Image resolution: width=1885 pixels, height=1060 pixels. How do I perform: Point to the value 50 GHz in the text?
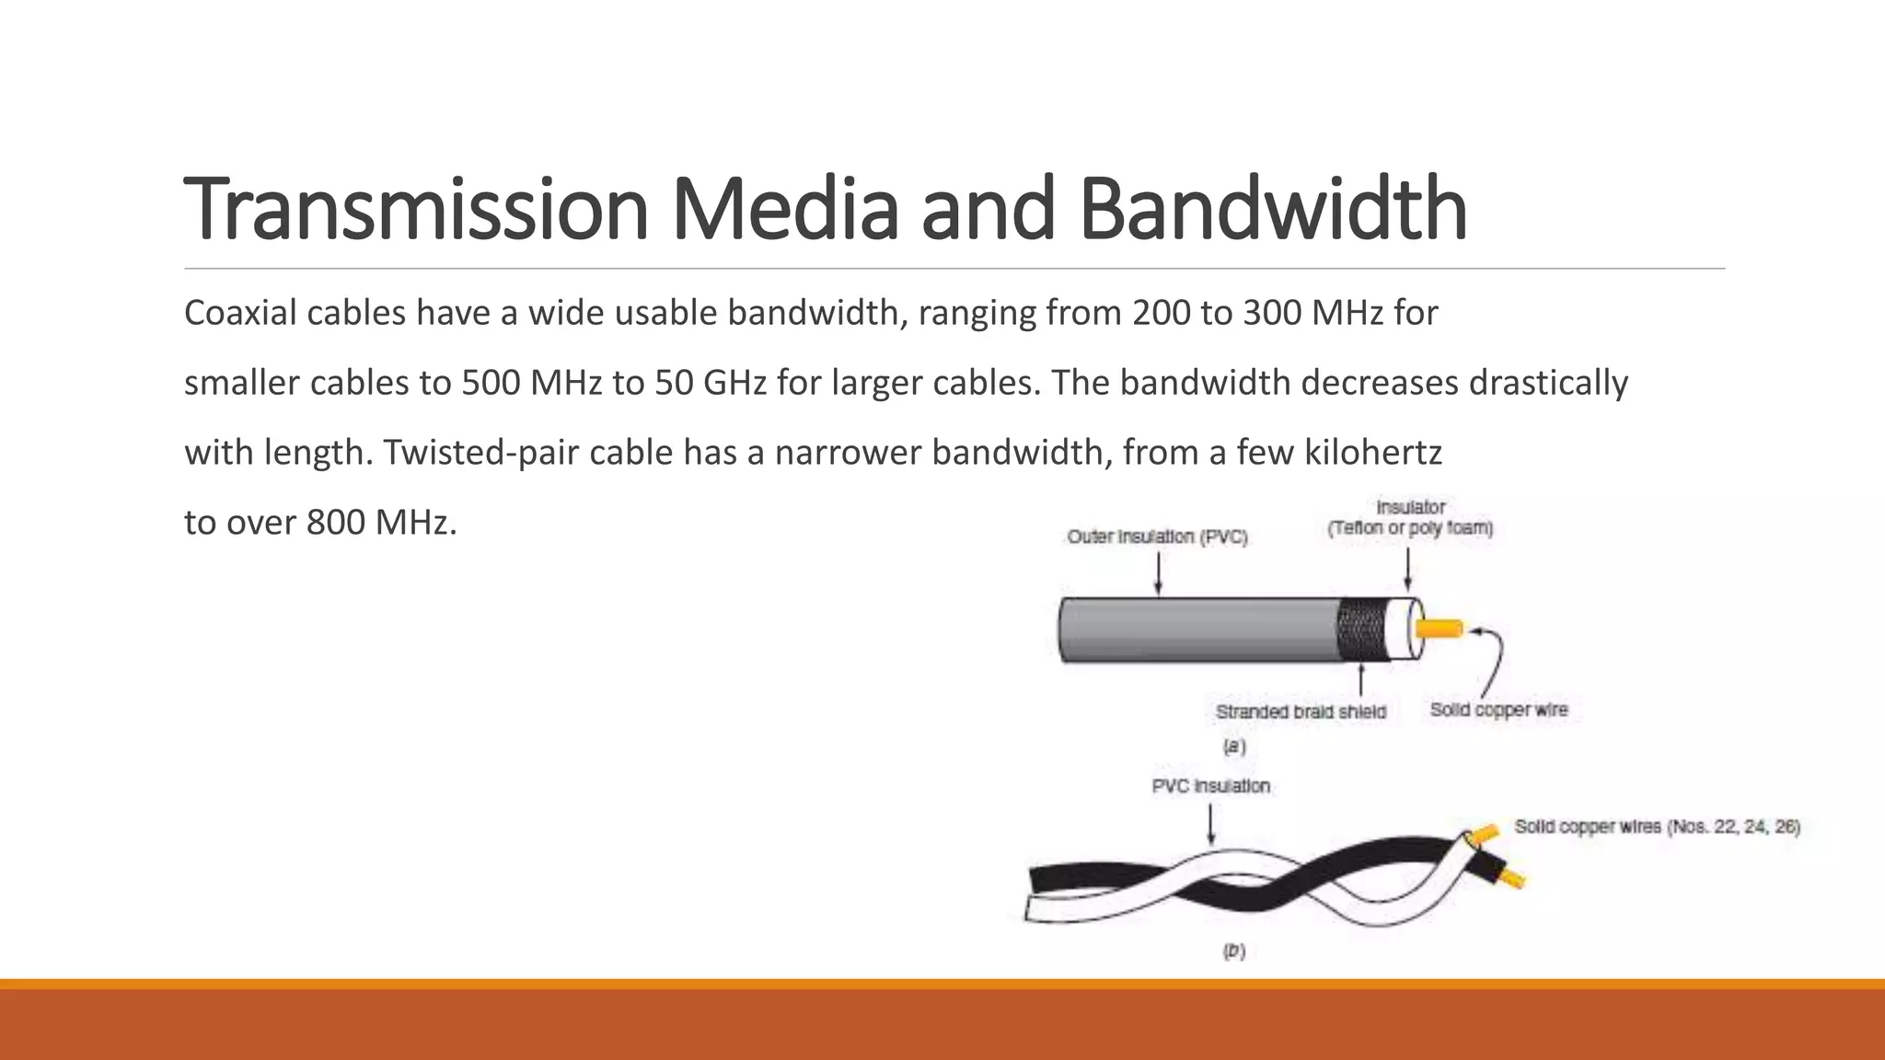pyautogui.click(x=710, y=383)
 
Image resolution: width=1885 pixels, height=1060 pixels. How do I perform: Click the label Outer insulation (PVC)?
pyautogui.click(x=1157, y=536)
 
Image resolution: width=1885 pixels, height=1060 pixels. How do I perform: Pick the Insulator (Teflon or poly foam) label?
pyautogui.click(x=1410, y=518)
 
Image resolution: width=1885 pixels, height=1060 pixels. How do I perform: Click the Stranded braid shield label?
pyautogui.click(x=1301, y=711)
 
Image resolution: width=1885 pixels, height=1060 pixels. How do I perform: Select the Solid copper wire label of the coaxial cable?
pyautogui.click(x=1498, y=709)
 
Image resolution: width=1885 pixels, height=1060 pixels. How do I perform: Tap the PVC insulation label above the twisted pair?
pyautogui.click(x=1210, y=786)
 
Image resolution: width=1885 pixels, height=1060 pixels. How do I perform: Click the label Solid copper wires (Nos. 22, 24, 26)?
pyautogui.click(x=1657, y=826)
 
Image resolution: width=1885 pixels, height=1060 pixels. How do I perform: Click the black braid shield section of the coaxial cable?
pyautogui.click(x=1360, y=629)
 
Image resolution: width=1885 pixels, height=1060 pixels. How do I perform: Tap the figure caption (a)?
pyautogui.click(x=1233, y=746)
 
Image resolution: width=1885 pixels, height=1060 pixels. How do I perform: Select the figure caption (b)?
pyautogui.click(x=1233, y=951)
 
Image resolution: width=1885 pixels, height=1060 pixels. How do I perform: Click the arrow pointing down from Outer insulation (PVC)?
pyautogui.click(x=1158, y=574)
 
